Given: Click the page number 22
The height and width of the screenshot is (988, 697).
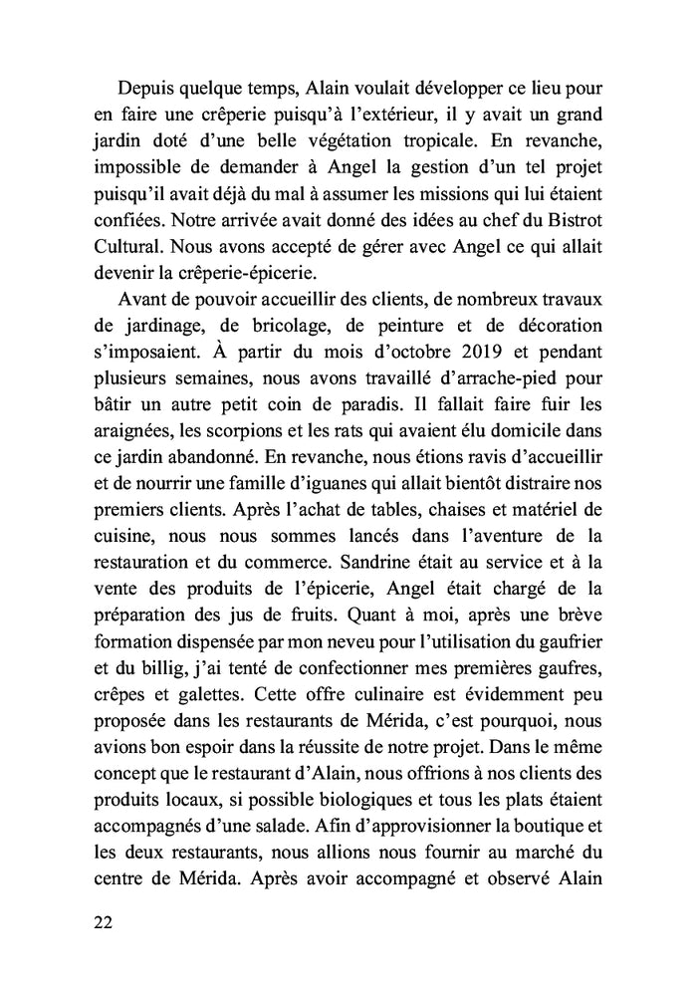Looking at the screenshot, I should tap(100, 921).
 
